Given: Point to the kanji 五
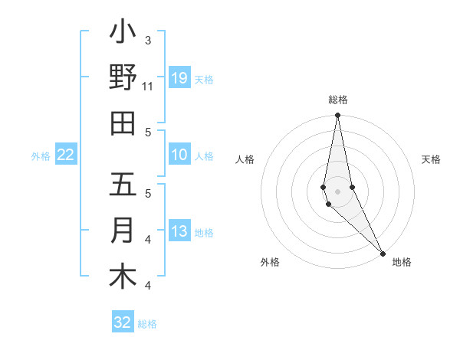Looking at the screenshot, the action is [123, 185].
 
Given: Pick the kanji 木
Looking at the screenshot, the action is [123, 277].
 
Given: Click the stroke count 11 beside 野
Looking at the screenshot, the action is [148, 87].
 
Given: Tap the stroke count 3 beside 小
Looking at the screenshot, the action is [148, 41].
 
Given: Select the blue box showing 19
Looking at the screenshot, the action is [179, 78].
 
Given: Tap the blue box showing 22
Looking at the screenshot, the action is [66, 155].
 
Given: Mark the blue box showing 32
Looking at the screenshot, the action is [123, 322].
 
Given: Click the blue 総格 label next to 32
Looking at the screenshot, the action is [148, 324].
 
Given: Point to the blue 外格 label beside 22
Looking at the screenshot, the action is [41, 156].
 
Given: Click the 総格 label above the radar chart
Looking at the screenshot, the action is [338, 100].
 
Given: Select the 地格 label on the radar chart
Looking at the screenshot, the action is [402, 262].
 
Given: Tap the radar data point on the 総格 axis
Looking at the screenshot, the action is [338, 116].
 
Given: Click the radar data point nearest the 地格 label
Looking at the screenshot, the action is [383, 252].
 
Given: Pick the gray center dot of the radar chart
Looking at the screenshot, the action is [338, 191].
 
